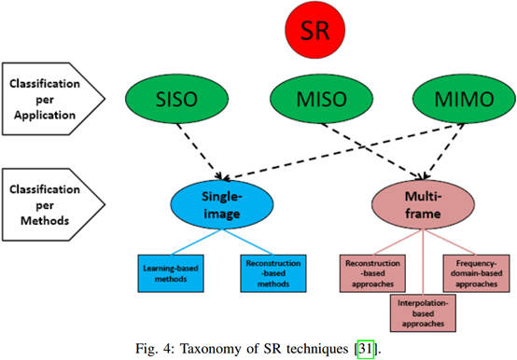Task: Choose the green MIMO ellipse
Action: click(x=446, y=96)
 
